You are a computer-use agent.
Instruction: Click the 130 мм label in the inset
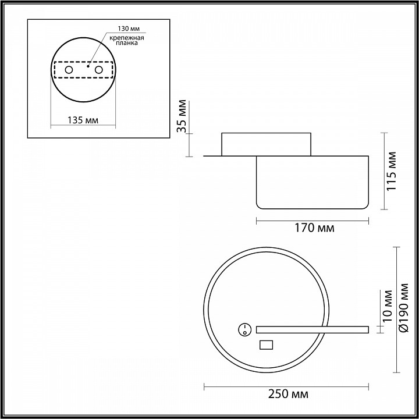129,29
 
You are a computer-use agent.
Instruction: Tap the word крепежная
127,38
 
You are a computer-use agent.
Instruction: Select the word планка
127,43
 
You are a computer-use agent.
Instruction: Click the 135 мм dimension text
83,120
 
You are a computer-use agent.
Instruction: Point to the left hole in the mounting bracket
69,70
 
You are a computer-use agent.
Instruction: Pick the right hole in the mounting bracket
98,70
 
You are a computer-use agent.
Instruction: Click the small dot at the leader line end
88,66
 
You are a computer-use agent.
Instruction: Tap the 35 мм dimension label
182,116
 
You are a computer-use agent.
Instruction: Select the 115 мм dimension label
392,171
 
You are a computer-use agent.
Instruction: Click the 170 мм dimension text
314,228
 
